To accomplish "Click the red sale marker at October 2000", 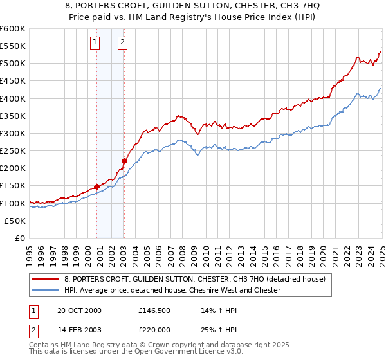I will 97,186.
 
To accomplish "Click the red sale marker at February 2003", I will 124,161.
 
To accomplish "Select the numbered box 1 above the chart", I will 95,43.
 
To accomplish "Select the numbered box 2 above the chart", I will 122,43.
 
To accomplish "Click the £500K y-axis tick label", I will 14,63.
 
